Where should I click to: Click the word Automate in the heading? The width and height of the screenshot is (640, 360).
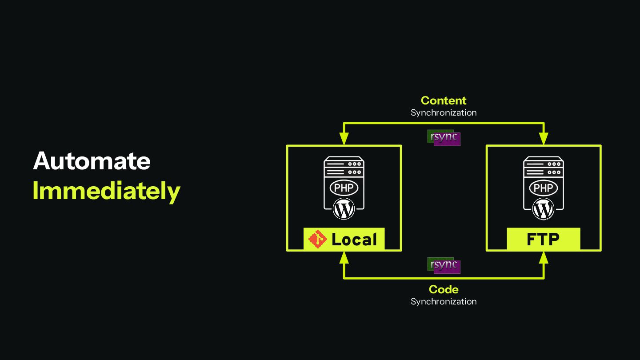[x=92, y=161]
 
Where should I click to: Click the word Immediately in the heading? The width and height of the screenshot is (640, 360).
[x=106, y=191]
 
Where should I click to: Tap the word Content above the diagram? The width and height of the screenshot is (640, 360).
[x=443, y=100]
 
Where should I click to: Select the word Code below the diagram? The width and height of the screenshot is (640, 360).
[x=443, y=289]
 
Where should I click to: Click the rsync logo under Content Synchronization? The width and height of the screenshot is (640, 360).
[x=444, y=138]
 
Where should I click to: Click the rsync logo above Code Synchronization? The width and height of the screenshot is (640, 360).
[x=444, y=265]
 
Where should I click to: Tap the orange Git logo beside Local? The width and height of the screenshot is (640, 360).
[x=318, y=239]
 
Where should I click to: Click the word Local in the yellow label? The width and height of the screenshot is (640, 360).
[x=354, y=240]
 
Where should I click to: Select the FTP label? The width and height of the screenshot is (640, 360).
[x=543, y=240]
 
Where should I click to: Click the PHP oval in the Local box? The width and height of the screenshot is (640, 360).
[x=344, y=188]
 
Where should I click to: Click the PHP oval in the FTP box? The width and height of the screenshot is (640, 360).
[x=543, y=188]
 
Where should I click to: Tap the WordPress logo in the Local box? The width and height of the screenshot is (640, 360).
[x=344, y=208]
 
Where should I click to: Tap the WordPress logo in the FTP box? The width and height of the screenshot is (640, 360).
[x=543, y=208]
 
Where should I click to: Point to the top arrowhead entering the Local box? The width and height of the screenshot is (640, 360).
[x=344, y=139]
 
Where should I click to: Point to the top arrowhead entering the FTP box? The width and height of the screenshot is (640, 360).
[x=543, y=139]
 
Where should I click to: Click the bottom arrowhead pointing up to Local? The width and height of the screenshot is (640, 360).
[x=344, y=257]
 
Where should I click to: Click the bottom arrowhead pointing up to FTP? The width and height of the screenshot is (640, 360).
[x=543, y=257]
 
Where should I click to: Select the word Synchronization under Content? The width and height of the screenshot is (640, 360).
[x=443, y=112]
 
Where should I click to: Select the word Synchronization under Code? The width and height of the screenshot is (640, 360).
[x=443, y=301]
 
